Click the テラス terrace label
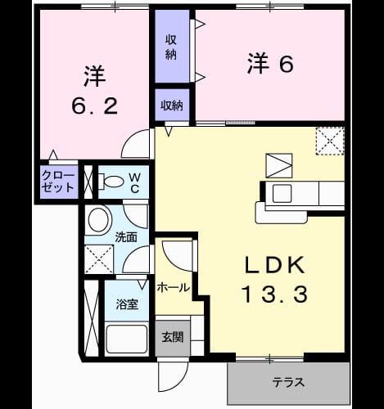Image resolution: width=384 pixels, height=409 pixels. coord(288,382)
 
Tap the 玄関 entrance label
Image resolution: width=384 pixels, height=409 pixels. coord(173,337)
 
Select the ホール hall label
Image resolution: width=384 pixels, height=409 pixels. coord(174,287)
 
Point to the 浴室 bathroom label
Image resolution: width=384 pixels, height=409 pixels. coord(127,304)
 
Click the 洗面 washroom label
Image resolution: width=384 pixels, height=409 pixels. coord(126,237)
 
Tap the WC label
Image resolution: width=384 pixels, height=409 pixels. coord(135,183)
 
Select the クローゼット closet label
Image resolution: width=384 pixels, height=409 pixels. coord(58,182)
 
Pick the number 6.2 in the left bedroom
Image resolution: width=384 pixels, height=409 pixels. coord(94,106)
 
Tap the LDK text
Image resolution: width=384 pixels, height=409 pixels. coord(275,265)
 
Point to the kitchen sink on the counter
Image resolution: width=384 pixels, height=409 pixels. coord(282,193)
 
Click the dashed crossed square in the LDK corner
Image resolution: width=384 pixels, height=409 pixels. coord(330,142)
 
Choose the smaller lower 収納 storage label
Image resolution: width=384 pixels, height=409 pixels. coord(172,106)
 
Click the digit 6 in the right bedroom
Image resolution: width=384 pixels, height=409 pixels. coord(286,65)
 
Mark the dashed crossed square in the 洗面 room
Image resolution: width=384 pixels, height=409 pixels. coord(99,259)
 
